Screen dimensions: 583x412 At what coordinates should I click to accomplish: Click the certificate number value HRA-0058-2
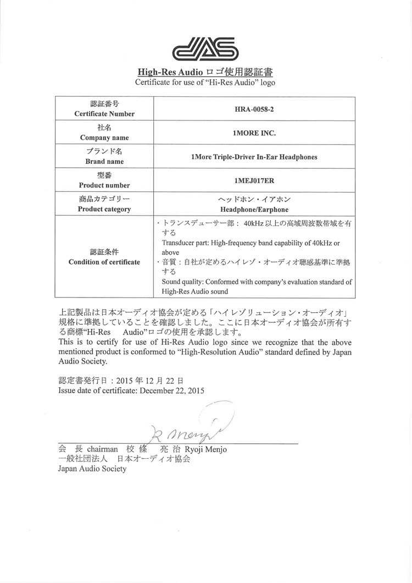253,109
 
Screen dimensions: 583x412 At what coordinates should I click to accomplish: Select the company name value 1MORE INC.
254,133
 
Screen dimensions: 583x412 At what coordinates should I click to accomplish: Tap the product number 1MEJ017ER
254,180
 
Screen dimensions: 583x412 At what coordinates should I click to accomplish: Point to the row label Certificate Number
104,114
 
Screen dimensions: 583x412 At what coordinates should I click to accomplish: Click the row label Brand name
104,162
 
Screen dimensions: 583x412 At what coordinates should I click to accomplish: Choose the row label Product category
104,209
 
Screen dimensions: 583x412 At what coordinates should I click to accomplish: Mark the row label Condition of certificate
104,262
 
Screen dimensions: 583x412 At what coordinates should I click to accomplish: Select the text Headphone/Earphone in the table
254,210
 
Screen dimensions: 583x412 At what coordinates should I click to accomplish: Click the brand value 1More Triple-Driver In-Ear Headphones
254,157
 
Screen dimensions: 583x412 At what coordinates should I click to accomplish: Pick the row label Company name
104,137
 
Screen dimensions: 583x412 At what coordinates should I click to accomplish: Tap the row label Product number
104,185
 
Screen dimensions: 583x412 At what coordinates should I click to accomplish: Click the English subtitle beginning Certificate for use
205,82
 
